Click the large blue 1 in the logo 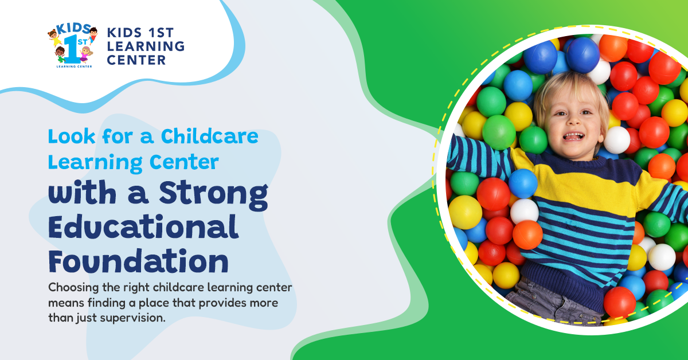(x=71, y=49)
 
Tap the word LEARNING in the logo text (x=146, y=46)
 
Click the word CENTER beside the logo (x=136, y=60)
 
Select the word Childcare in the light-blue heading (x=209, y=136)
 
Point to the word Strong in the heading (x=213, y=194)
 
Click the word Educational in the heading (x=143, y=228)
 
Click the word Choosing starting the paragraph (x=74, y=288)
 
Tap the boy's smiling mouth (x=573, y=136)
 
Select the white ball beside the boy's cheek (x=617, y=140)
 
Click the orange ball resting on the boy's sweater (x=527, y=234)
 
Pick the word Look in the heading (x=72, y=136)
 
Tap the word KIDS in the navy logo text (x=124, y=33)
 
